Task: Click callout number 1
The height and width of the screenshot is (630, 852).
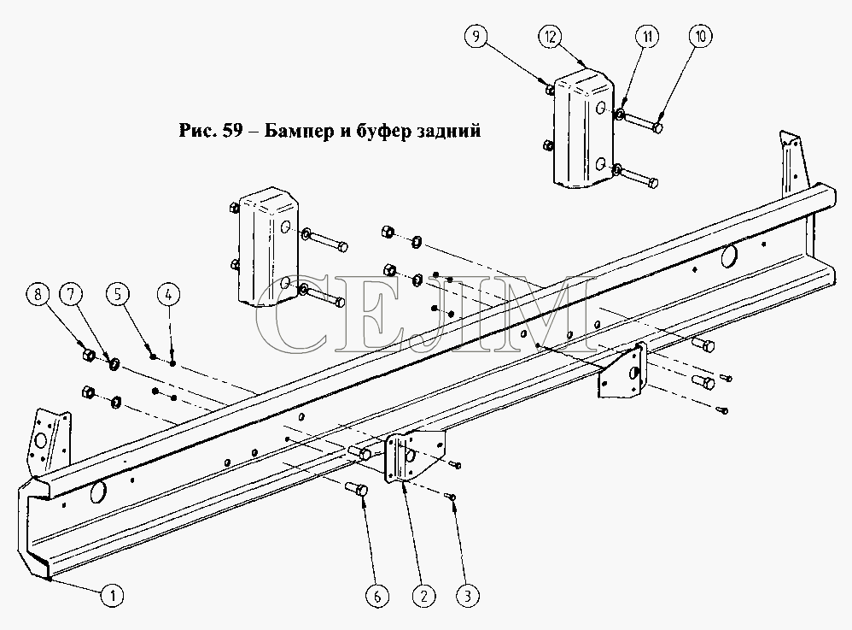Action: click(x=113, y=595)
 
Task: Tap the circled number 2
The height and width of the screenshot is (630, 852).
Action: click(x=423, y=596)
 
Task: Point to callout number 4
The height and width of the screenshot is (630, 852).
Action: click(x=168, y=295)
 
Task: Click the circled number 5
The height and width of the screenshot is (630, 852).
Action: click(x=117, y=294)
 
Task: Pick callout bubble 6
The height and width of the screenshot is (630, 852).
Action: click(x=377, y=596)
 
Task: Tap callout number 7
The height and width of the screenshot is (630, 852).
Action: click(x=71, y=294)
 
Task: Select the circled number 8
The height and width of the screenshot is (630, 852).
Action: click(x=38, y=294)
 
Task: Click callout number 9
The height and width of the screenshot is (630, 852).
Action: click(x=476, y=37)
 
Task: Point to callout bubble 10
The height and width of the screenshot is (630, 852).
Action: click(x=700, y=37)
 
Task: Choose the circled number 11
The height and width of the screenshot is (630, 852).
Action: click(x=647, y=37)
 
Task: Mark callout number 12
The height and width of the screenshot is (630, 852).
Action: click(x=550, y=37)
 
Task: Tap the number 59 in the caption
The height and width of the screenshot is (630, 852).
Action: click(x=232, y=131)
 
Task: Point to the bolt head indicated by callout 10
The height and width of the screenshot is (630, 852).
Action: click(x=657, y=128)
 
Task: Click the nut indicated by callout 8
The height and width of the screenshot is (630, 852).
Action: click(x=89, y=356)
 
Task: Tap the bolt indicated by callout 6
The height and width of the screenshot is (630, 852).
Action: click(x=357, y=489)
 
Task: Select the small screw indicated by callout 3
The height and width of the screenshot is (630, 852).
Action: click(x=451, y=496)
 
